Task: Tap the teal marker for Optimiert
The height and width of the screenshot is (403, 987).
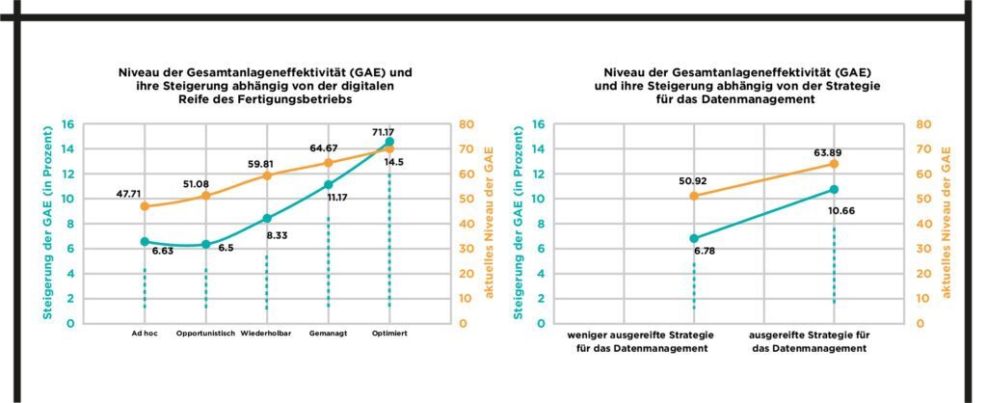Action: pos(389,142)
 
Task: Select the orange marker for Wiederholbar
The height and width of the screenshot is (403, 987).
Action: pos(267,175)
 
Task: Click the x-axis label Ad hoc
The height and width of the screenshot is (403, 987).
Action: pos(145,335)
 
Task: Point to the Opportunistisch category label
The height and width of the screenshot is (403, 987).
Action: pos(206,335)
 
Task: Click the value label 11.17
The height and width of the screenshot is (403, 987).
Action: pos(336,198)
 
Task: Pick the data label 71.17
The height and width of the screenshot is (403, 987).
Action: pos(386,130)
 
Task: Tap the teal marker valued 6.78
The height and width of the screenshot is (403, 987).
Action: pos(693,238)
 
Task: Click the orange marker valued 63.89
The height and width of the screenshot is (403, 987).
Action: pos(834,164)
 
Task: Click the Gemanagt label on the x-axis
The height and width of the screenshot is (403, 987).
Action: pos(328,335)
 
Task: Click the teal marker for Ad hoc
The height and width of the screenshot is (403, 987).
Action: pos(145,242)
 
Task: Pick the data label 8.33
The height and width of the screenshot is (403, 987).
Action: pos(279,234)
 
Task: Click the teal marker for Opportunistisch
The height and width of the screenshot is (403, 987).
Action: pos(205,245)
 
